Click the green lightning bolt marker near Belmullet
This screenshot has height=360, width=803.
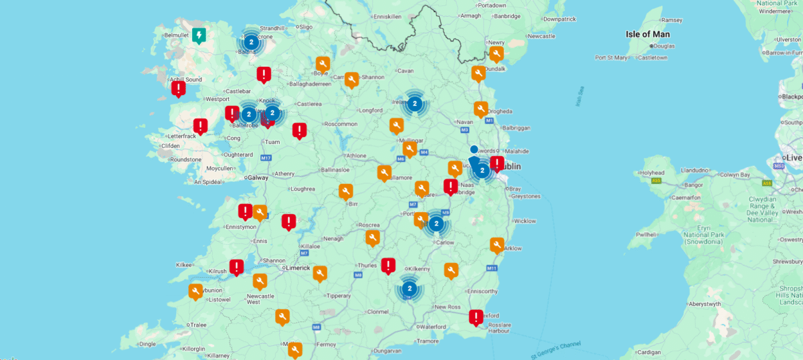point(199,35)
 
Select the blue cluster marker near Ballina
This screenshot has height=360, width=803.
point(251,42)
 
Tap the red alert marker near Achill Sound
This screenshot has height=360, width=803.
point(179,88)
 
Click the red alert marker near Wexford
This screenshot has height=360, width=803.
point(476,317)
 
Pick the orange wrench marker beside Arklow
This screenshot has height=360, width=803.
point(497,245)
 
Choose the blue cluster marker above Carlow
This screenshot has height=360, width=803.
point(436,223)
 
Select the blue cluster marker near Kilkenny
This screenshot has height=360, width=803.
point(410,289)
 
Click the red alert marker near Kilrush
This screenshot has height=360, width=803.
point(236,266)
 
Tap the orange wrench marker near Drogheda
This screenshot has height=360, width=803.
point(480,108)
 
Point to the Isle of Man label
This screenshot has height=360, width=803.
point(647,34)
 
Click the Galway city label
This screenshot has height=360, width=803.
point(258,178)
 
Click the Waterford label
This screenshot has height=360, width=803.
point(433,327)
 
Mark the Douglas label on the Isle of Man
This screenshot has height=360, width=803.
point(664,46)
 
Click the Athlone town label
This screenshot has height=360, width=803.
point(355,156)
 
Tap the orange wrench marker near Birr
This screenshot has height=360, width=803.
point(346,192)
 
